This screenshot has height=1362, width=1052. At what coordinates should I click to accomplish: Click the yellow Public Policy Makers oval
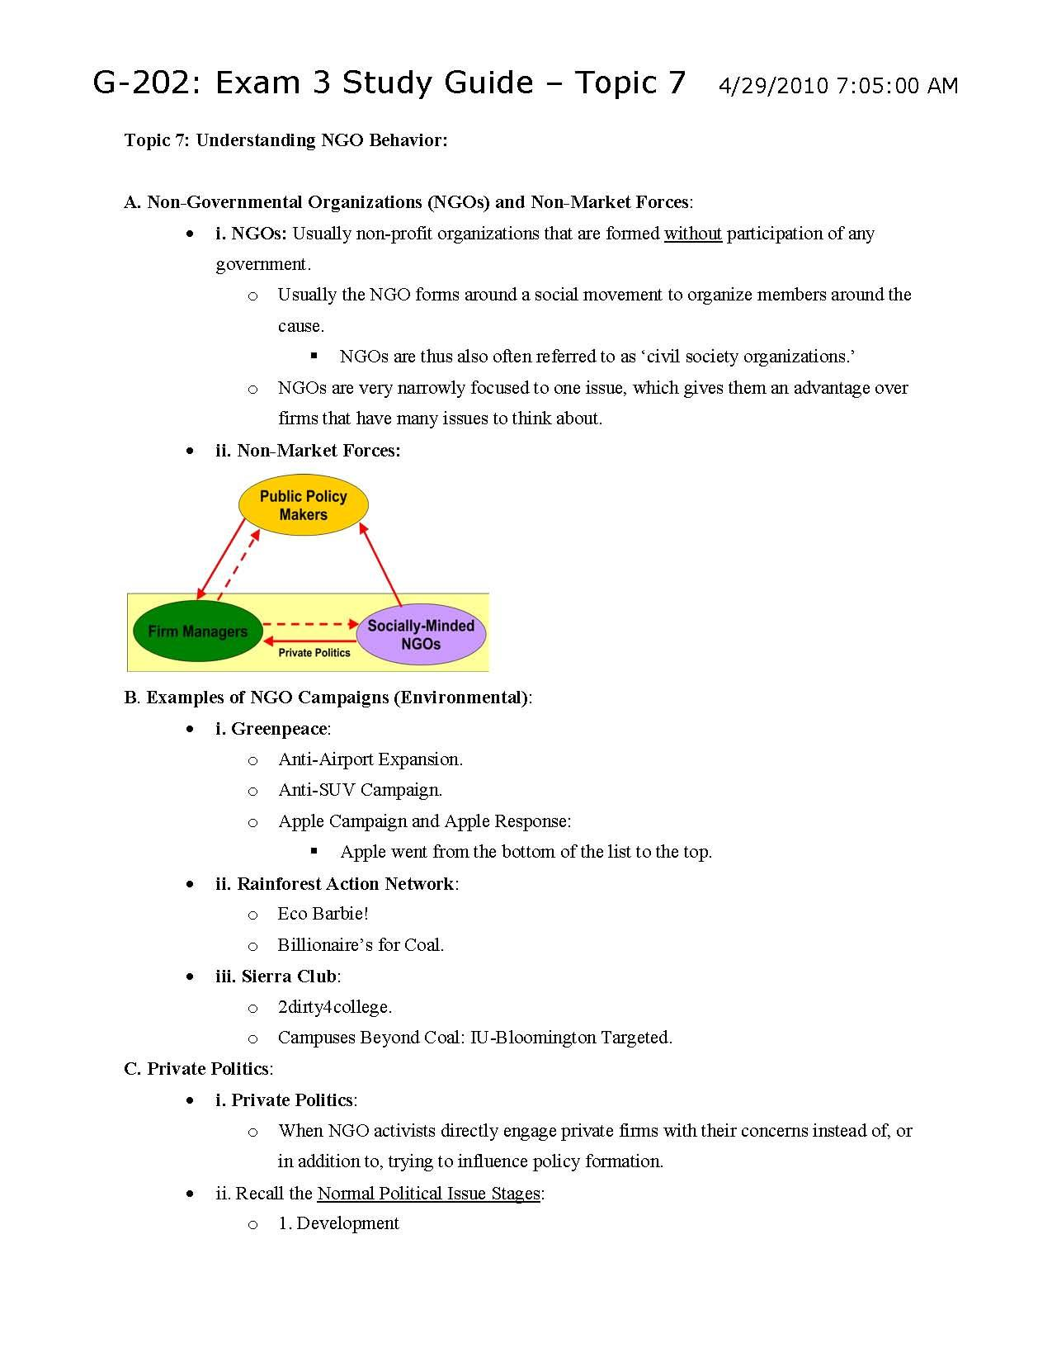point(303,505)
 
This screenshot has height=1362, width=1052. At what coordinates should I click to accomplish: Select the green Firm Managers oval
point(197,631)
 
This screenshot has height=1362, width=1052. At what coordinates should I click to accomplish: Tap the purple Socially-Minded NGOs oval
point(421,635)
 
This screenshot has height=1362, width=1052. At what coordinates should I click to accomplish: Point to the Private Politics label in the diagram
point(314,653)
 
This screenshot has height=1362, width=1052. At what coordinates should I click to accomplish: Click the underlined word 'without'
point(692,234)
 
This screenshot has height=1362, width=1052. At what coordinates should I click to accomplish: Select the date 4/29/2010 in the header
point(772,86)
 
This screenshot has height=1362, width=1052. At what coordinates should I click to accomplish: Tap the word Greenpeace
point(280,728)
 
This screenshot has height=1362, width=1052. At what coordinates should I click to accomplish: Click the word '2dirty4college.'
point(334,1007)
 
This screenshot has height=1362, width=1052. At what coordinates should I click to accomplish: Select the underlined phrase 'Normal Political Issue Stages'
point(428,1193)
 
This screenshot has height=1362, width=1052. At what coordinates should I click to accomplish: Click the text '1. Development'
point(338,1223)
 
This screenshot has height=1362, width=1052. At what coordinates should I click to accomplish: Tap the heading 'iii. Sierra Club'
point(276,977)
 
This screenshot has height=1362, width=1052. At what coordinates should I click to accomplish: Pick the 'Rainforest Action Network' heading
point(345,883)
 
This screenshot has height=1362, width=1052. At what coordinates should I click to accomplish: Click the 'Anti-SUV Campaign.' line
point(360,790)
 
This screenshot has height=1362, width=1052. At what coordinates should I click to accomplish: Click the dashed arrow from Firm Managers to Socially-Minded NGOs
point(310,624)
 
